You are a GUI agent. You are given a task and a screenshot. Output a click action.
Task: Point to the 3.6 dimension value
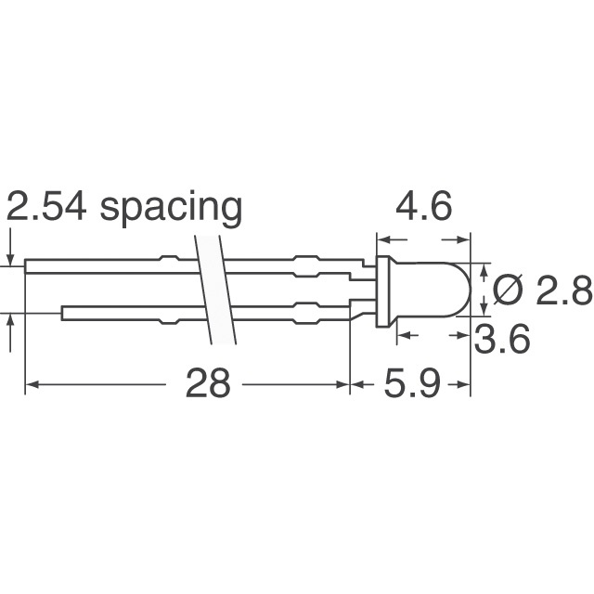click(501, 341)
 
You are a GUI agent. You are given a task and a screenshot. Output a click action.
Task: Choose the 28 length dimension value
click(207, 383)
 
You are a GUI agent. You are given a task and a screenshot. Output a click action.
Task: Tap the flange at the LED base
click(381, 291)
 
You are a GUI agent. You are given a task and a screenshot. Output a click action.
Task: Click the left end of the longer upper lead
click(28, 266)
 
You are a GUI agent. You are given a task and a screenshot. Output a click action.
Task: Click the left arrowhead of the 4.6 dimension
click(381, 239)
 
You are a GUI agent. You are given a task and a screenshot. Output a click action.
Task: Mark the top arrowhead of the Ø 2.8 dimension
click(484, 269)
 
